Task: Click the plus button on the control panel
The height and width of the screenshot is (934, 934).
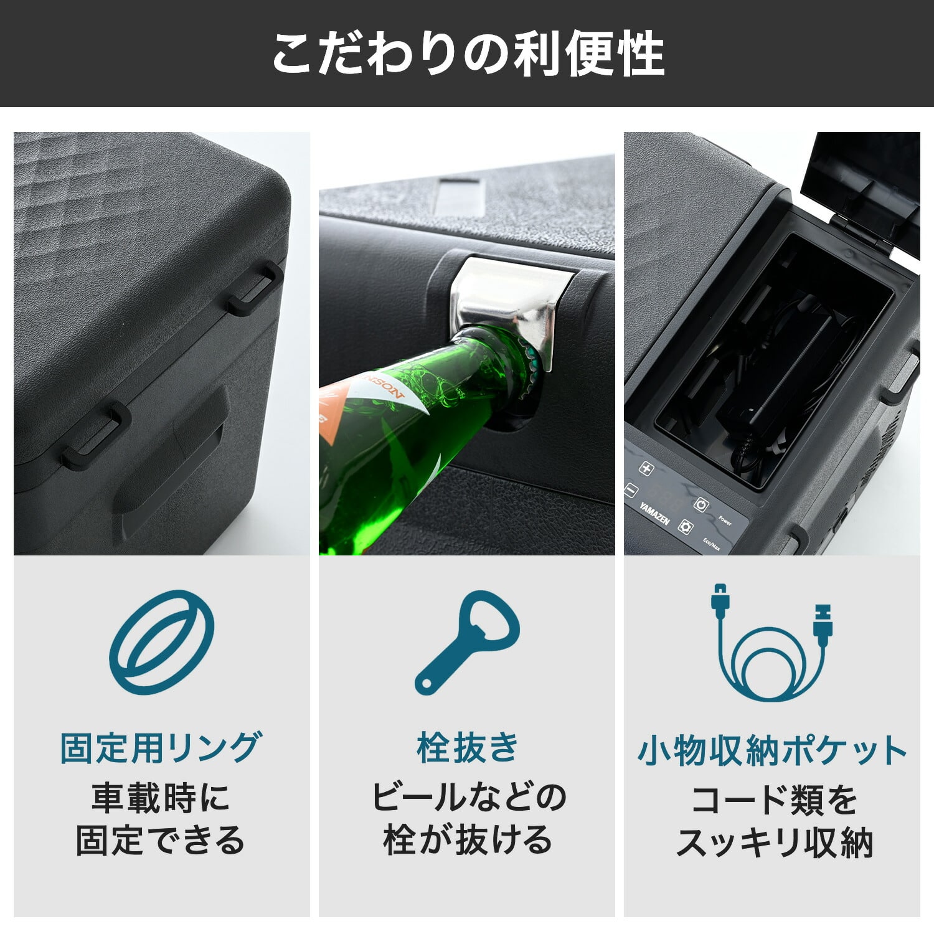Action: (x=647, y=469)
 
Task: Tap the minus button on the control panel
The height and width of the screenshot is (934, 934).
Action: (x=631, y=491)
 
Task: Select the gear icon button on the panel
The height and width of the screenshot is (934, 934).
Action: (x=686, y=527)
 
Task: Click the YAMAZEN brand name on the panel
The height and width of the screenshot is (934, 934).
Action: (x=654, y=513)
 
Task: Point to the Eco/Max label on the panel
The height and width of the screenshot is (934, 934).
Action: (x=712, y=544)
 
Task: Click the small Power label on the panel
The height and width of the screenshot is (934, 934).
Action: (x=725, y=520)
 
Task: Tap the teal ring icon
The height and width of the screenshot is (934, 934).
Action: (x=162, y=642)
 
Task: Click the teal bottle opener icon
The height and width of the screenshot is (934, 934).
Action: (x=468, y=641)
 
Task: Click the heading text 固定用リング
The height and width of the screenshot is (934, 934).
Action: (x=161, y=748)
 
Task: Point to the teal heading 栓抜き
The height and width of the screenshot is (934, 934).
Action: (x=467, y=747)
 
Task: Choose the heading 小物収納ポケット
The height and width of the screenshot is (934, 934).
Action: (x=771, y=750)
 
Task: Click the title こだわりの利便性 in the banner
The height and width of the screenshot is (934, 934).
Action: (x=467, y=54)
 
